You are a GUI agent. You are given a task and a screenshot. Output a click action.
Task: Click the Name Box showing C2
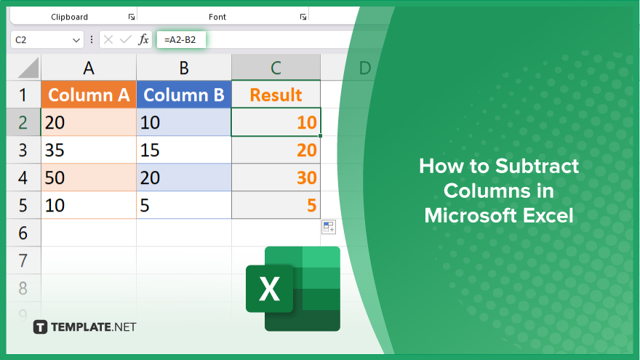pos(47,39)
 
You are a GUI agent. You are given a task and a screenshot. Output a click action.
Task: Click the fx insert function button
pos(143,39)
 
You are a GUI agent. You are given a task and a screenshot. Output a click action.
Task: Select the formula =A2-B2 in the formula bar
pos(180,39)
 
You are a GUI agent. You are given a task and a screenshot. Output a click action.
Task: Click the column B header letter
pos(184,68)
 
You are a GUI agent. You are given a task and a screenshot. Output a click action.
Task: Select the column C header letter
pos(276,68)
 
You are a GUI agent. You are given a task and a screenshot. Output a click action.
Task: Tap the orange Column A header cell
pos(89,95)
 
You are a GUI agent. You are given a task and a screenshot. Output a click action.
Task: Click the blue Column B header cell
pos(184,95)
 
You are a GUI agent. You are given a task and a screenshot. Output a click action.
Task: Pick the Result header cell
pos(276,95)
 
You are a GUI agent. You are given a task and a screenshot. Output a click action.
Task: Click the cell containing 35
pos(89,150)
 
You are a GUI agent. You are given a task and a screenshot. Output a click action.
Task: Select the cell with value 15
pos(184,150)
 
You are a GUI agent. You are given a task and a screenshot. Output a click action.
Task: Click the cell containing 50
pos(89,177)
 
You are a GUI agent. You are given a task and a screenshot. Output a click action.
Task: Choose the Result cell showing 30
pos(276,177)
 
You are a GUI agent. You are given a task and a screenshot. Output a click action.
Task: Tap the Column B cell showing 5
pos(184,205)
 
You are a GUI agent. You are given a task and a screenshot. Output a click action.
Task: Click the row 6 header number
pos(23,233)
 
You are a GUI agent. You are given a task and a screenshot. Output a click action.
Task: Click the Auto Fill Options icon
pos(329,227)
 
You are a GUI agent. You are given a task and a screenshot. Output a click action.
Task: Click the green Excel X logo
pos(293,289)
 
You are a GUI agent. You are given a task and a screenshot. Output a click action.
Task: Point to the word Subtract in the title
pos(537,166)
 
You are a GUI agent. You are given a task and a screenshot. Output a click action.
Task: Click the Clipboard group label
pos(69,17)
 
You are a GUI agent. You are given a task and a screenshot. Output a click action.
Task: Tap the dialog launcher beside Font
pos(303,17)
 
